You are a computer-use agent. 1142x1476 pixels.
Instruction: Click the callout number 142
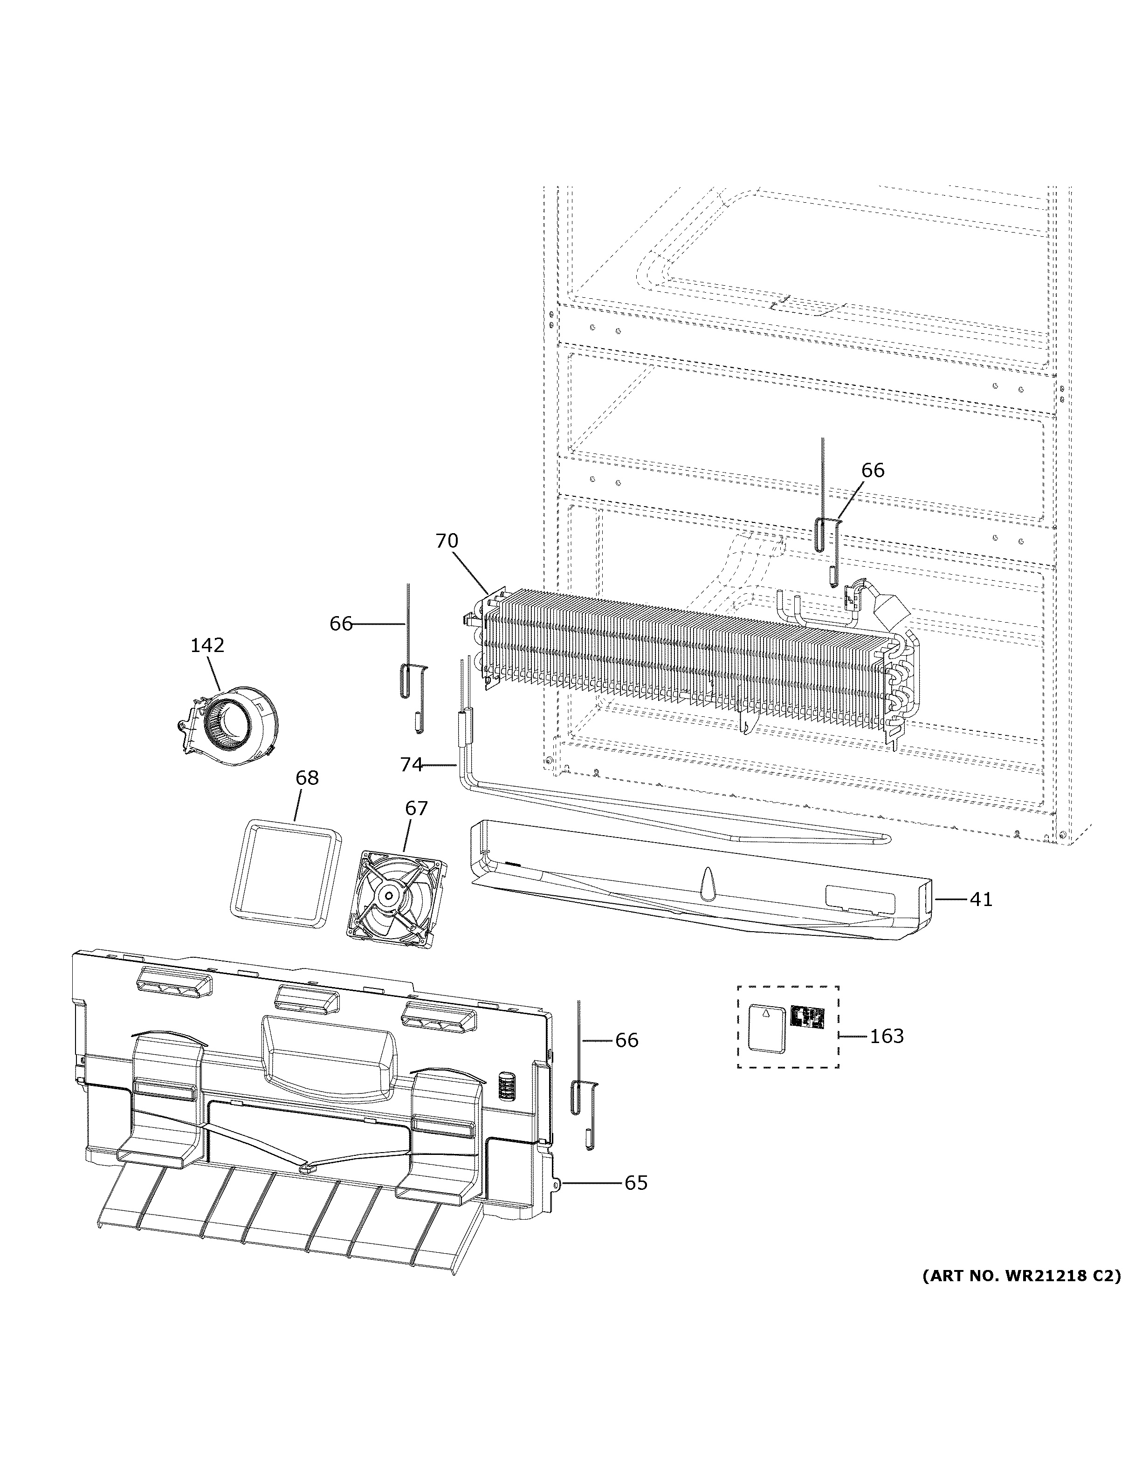pyautogui.click(x=207, y=645)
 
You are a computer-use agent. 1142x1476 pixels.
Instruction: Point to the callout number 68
pyautogui.click(x=307, y=778)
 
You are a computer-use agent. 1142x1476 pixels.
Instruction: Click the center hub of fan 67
pyautogui.click(x=390, y=896)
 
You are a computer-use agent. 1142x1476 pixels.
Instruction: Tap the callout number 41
pyautogui.click(x=981, y=899)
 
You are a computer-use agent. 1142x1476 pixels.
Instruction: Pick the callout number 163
pyautogui.click(x=886, y=1036)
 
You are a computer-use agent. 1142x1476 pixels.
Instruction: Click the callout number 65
pyautogui.click(x=635, y=1183)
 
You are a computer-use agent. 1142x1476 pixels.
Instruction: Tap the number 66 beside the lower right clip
pyautogui.click(x=626, y=1040)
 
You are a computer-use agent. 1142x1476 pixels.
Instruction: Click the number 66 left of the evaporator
pyautogui.click(x=341, y=624)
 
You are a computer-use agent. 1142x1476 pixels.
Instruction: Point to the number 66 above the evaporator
pyautogui.click(x=873, y=470)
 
